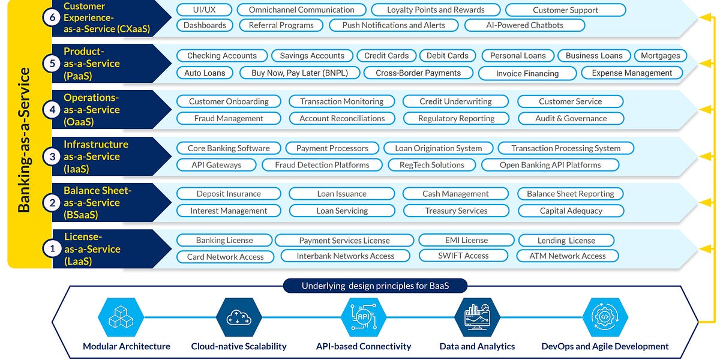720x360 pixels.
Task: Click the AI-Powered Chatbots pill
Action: [x=525, y=25]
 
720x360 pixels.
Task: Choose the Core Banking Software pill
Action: [x=229, y=148]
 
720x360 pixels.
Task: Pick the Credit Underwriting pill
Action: [x=455, y=101]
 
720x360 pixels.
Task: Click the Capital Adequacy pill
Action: [x=571, y=211]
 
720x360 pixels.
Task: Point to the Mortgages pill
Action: [x=660, y=56]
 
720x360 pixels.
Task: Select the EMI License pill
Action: [x=466, y=240]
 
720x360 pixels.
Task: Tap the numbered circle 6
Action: [x=52, y=17]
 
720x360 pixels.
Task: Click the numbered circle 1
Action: [x=52, y=248]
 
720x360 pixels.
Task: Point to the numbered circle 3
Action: [x=52, y=156]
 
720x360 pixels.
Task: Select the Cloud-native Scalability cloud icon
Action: [x=239, y=318]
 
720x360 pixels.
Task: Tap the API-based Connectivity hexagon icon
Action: [x=363, y=318]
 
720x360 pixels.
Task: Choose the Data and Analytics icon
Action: [x=477, y=318]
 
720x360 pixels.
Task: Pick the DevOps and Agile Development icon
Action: [x=605, y=318]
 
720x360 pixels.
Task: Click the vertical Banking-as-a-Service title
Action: [x=24, y=140]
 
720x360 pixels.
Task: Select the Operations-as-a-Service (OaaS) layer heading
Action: [x=92, y=110]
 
